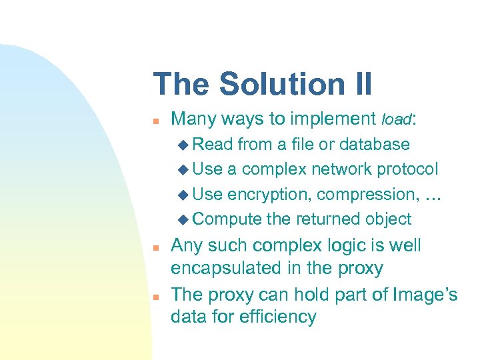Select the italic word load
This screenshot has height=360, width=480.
tap(398, 120)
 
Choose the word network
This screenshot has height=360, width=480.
tap(345, 169)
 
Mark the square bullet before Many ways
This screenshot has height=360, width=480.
tap(155, 121)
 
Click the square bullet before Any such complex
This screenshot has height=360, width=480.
tap(155, 246)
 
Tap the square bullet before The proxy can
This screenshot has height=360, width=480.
tap(155, 295)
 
